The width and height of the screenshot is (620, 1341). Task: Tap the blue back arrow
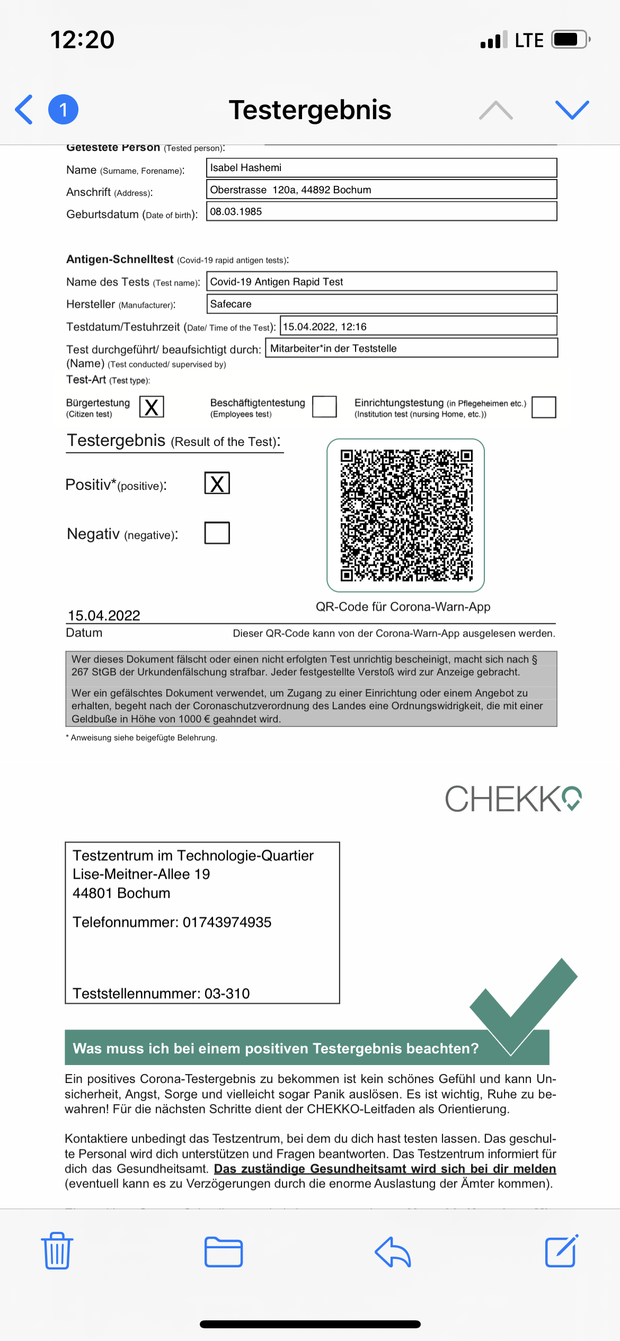[24, 110]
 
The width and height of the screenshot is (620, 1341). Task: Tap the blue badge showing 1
[64, 110]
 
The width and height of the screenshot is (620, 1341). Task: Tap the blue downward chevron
[572, 110]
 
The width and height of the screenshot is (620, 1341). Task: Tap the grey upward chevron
[495, 110]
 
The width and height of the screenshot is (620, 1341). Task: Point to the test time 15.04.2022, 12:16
[325, 326]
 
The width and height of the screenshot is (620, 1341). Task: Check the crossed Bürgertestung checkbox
[152, 407]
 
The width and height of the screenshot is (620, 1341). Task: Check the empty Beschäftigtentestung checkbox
[324, 407]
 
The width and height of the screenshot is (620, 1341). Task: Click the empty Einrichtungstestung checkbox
[543, 407]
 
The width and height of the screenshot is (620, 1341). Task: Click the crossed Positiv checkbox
[217, 483]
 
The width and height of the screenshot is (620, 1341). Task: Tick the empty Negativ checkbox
[217, 533]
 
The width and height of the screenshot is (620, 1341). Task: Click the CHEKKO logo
[512, 799]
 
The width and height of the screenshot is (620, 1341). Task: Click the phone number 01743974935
[227, 922]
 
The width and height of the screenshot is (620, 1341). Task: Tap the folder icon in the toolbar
[224, 1251]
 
